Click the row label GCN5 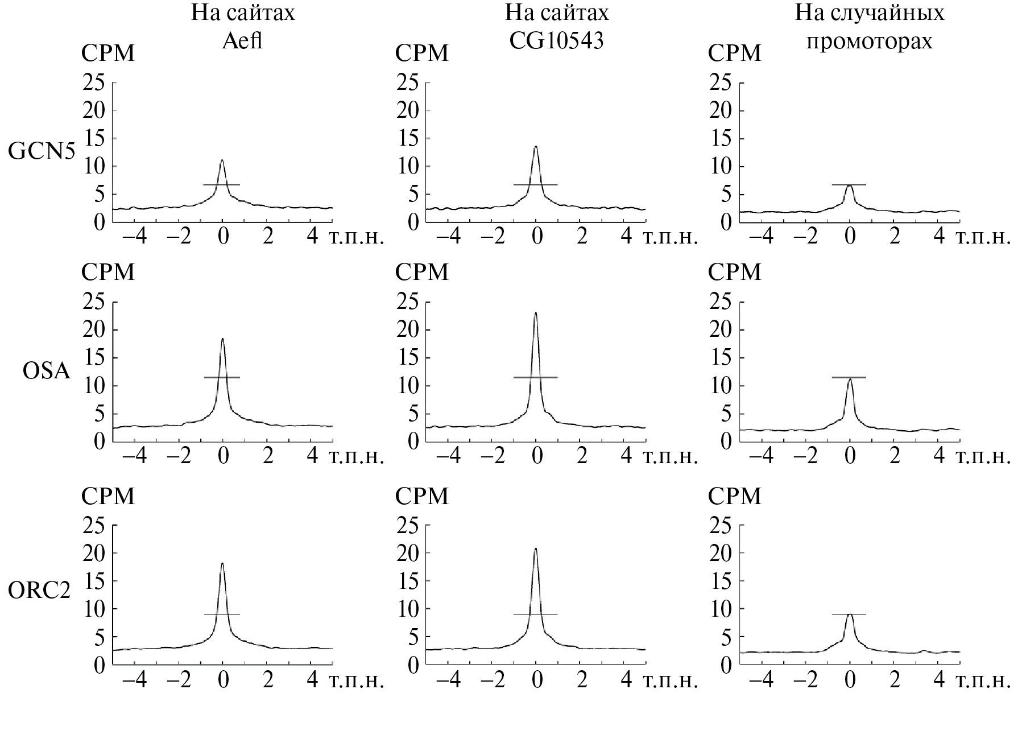pos(42,152)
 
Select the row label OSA pos(46,371)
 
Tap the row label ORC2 pos(39,591)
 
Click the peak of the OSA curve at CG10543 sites pos(536,312)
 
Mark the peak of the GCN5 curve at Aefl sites pos(222,160)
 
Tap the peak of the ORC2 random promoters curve pos(850,614)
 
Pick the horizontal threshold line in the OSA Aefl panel pos(222,377)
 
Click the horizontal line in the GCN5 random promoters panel pos(849,185)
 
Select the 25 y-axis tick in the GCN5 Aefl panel pos(94,83)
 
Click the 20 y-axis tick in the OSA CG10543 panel pos(407,329)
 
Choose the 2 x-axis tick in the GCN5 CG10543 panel pos(581,236)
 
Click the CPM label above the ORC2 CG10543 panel pos(421,496)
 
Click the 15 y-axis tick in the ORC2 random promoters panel pos(721,581)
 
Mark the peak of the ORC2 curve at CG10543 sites pos(536,548)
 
